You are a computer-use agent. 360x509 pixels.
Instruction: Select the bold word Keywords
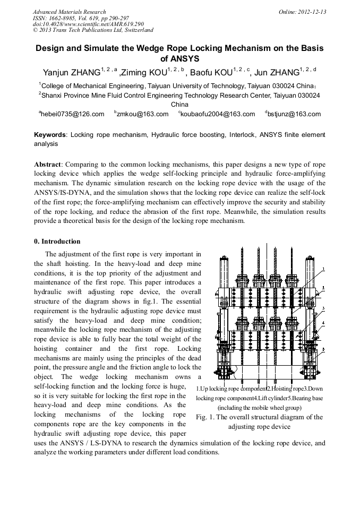click(50, 135)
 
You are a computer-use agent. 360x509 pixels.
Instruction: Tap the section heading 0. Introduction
click(57, 241)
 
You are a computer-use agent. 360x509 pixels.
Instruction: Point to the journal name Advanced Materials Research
click(70, 12)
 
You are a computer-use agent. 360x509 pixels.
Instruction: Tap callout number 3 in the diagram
click(324, 308)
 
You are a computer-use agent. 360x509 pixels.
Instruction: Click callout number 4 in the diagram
click(324, 323)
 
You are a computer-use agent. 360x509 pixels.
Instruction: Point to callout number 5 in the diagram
click(324, 349)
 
